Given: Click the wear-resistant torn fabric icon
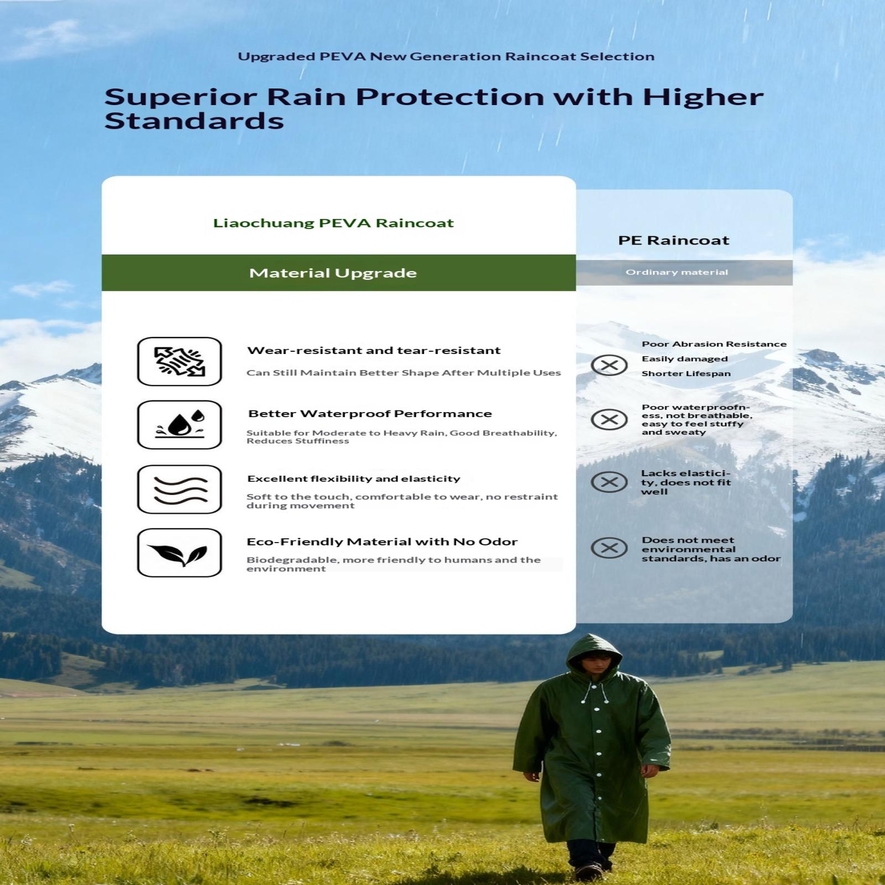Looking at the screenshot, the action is click(179, 361).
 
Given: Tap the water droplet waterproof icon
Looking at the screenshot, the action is click(179, 425).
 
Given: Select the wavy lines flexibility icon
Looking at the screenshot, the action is click(179, 490).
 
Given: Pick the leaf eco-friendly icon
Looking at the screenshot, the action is click(179, 553).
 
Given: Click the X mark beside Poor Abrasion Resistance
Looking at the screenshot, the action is click(609, 365).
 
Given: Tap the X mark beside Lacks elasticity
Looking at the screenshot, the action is click(609, 482).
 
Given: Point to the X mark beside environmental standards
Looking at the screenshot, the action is click(609, 548).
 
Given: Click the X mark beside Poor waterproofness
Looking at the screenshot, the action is click(609, 419).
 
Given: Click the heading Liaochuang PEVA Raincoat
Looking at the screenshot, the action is click(333, 223).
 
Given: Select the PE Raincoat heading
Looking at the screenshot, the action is click(674, 240).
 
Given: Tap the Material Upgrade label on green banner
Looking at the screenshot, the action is click(333, 273).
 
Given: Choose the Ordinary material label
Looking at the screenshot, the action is click(676, 272).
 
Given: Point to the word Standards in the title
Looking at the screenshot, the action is click(194, 121).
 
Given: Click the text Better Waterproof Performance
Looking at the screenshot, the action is click(370, 414).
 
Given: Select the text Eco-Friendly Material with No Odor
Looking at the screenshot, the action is click(382, 542).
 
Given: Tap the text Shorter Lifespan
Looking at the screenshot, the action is click(686, 373).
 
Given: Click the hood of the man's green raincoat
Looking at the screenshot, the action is click(594, 653).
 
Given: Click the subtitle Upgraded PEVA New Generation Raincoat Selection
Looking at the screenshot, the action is click(446, 56).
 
